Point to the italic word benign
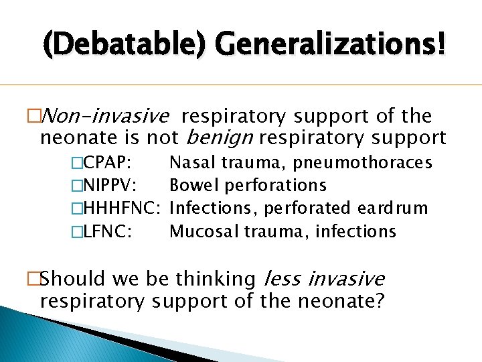click(x=218, y=138)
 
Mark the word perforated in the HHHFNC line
click(x=311, y=208)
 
